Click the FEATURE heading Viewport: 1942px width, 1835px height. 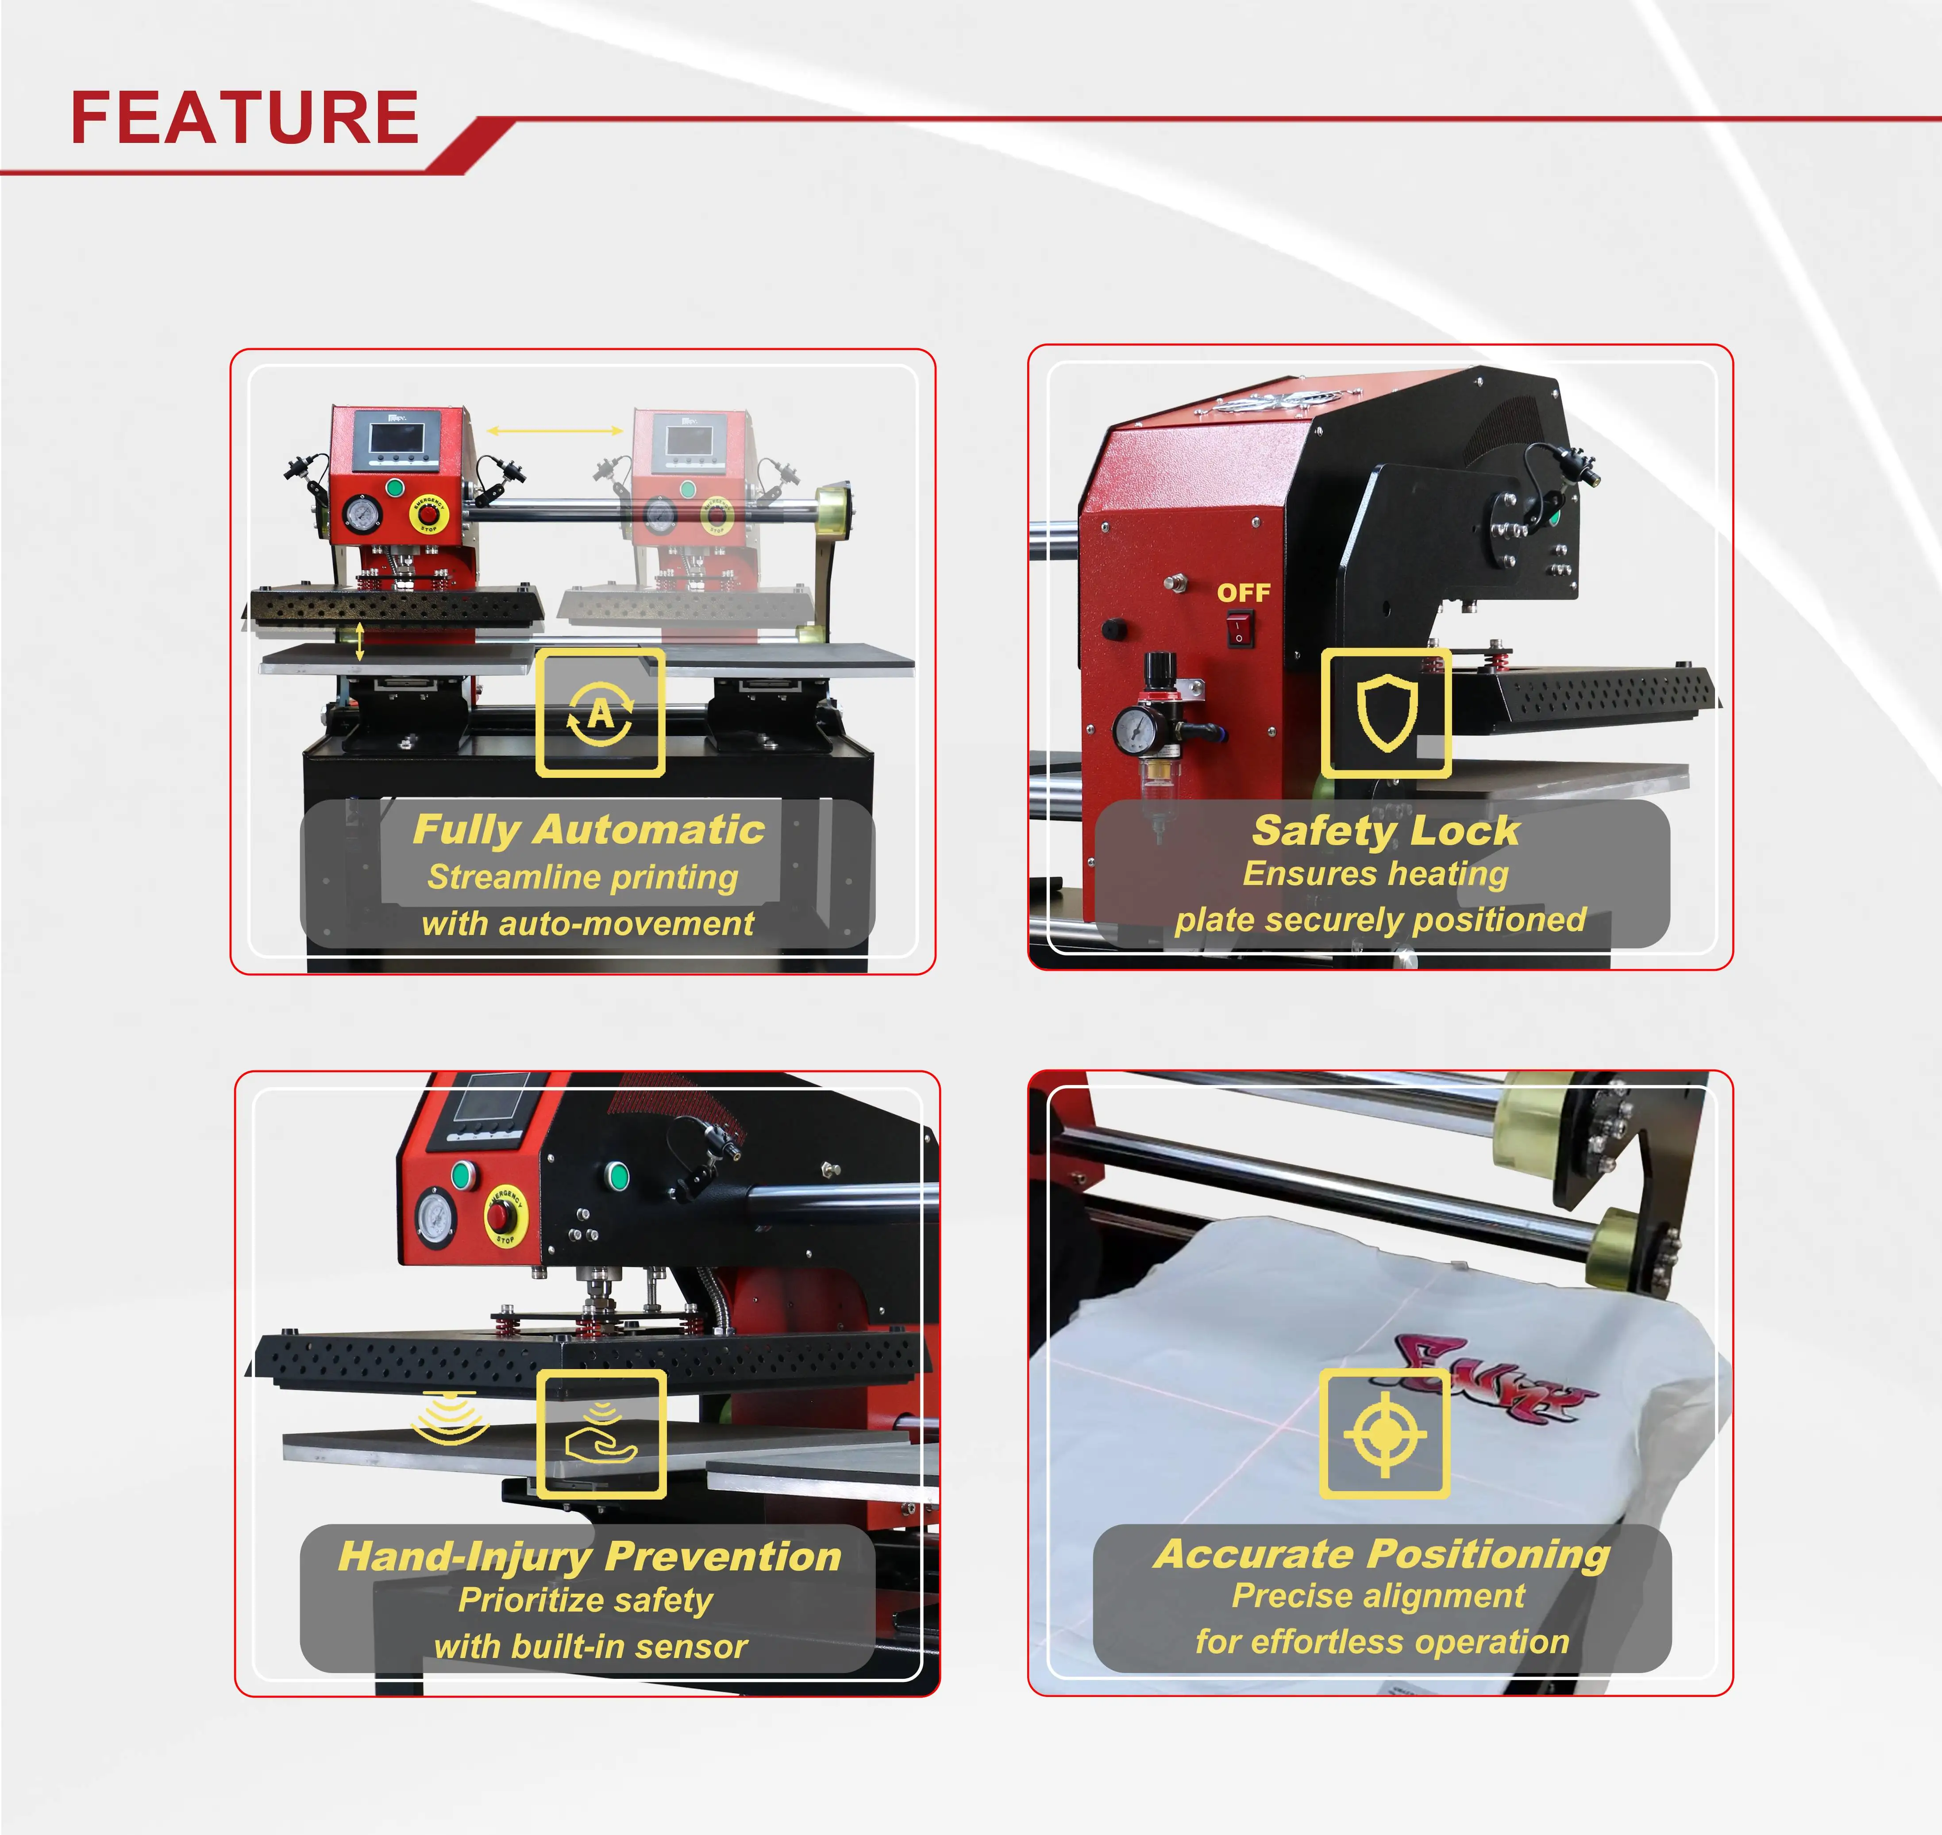point(245,117)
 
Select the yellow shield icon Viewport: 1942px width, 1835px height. point(1386,712)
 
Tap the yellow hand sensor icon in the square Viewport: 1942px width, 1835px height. point(601,1434)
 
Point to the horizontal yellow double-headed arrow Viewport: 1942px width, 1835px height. point(555,431)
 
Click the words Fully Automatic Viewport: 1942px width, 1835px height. point(588,830)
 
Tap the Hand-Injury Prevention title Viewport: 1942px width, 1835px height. point(589,1556)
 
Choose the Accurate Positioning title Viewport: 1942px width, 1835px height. point(1381,1553)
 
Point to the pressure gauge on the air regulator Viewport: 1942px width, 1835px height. point(1134,729)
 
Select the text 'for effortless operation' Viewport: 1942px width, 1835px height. point(1381,1641)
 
